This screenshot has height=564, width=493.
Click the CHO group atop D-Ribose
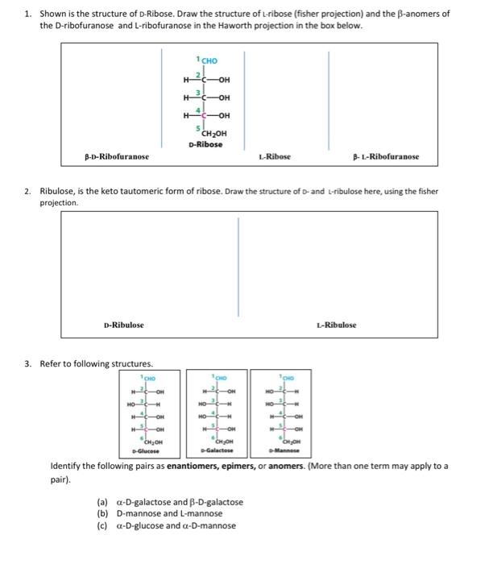point(209,60)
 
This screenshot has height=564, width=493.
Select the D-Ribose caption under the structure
point(205,144)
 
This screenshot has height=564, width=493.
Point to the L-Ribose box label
point(275,156)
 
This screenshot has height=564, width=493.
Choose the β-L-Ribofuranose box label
point(385,156)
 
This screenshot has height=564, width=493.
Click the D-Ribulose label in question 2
point(123,325)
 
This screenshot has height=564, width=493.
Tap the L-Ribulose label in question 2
point(336,325)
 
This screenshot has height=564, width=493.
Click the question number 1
point(27,14)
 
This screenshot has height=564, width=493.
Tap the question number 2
point(27,192)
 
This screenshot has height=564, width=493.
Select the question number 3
point(27,363)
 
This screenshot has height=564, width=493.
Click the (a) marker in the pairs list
point(102,502)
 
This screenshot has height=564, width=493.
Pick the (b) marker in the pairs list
point(102,513)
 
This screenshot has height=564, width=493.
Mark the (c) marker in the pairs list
point(102,525)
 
